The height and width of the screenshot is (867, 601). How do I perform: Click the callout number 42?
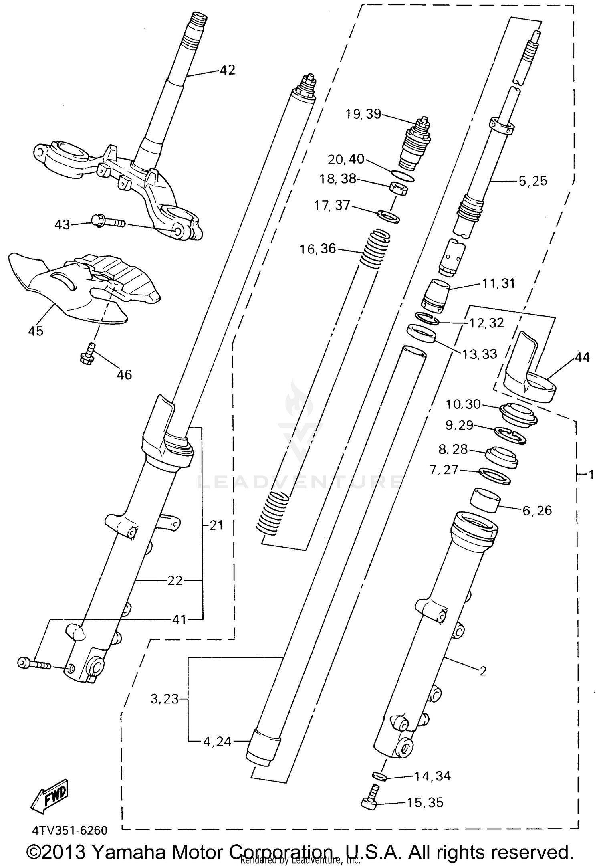click(x=227, y=70)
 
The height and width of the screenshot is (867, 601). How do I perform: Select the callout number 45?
click(x=36, y=331)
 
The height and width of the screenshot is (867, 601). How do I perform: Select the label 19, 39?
click(x=363, y=114)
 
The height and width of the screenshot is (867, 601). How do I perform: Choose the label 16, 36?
click(x=318, y=249)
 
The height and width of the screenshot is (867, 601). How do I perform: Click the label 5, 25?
click(x=532, y=181)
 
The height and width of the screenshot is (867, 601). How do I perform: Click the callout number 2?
click(x=483, y=671)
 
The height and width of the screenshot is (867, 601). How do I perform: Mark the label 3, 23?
click(x=164, y=699)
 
